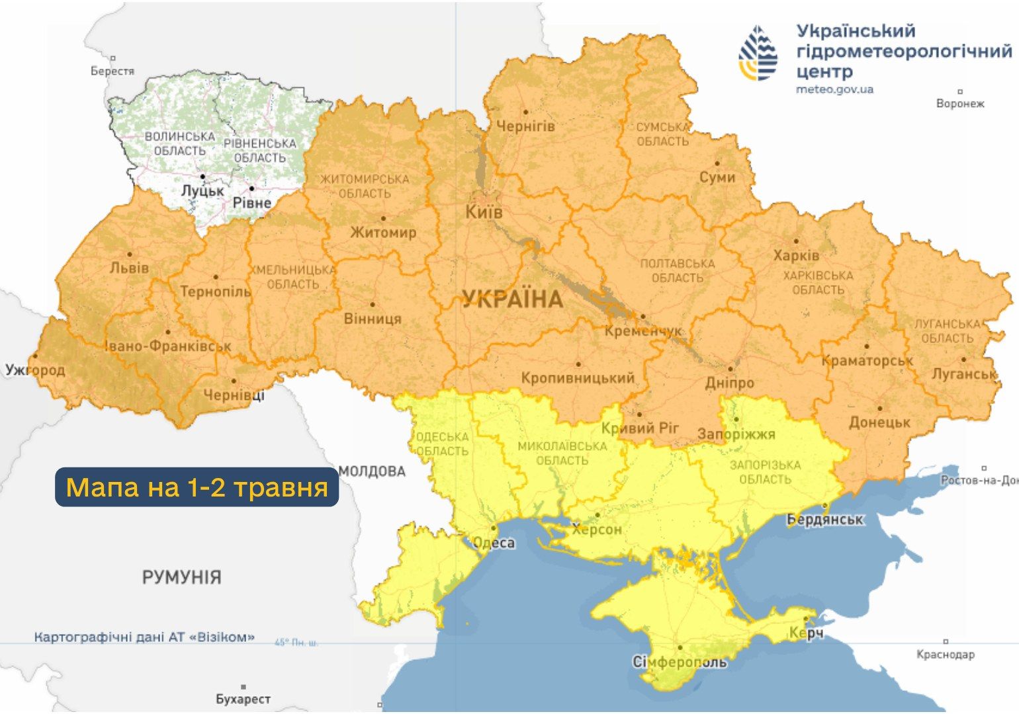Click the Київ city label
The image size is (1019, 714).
click(484, 212)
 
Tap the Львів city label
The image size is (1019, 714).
click(129, 268)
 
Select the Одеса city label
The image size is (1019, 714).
click(494, 543)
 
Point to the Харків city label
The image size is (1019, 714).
click(796, 255)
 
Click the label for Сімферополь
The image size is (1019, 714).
click(680, 662)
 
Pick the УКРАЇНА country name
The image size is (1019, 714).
click(512, 299)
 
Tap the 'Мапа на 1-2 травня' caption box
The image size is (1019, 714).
click(197, 487)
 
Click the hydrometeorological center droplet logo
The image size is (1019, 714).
click(758, 53)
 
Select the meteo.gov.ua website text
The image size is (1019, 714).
click(834, 89)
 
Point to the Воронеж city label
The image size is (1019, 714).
click(960, 104)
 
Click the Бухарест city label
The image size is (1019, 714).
click(243, 699)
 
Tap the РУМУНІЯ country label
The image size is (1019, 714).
click(181, 577)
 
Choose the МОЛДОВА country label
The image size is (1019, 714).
click(372, 471)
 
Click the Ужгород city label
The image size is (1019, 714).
click(35, 370)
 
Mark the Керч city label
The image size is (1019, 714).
click(807, 633)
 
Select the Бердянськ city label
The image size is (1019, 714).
click(824, 520)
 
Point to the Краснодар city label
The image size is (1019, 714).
click(945, 654)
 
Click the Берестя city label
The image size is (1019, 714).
click(112, 71)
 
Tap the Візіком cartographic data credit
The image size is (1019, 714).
click(144, 637)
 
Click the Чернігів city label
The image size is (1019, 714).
click(525, 126)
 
